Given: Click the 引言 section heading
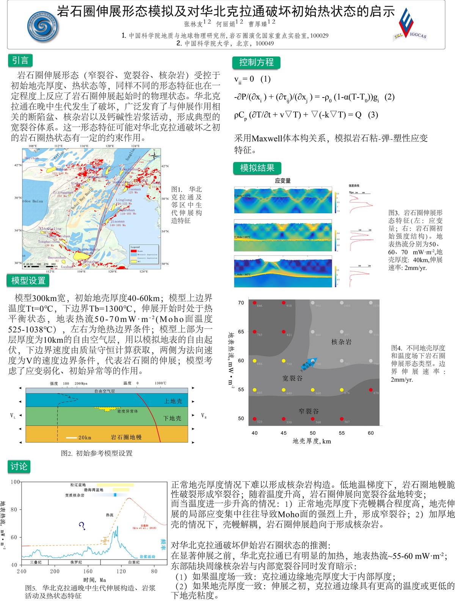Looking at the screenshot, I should click(x=20, y=61).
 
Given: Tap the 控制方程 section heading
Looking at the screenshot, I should click(x=256, y=63).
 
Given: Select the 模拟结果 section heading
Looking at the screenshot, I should click(x=257, y=168).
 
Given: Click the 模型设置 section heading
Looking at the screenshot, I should click(x=28, y=281).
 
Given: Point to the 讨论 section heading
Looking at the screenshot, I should click(x=19, y=467).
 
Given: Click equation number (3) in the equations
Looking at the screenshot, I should click(x=373, y=115).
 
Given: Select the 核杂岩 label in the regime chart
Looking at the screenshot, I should click(x=341, y=342).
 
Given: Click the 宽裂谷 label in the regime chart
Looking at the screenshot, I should click(x=292, y=378).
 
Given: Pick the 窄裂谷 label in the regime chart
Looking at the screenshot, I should click(x=309, y=411).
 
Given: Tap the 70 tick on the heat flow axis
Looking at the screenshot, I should click(x=241, y=303).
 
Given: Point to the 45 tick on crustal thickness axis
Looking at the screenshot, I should click(x=284, y=433).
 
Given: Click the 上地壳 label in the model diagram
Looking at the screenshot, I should click(x=173, y=401).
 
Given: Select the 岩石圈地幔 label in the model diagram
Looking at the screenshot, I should click(x=126, y=437).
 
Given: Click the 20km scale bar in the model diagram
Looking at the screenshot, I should click(x=72, y=438).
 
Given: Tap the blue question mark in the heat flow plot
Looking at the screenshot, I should click(x=82, y=526).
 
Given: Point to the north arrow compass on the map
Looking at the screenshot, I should click(x=155, y=155).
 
